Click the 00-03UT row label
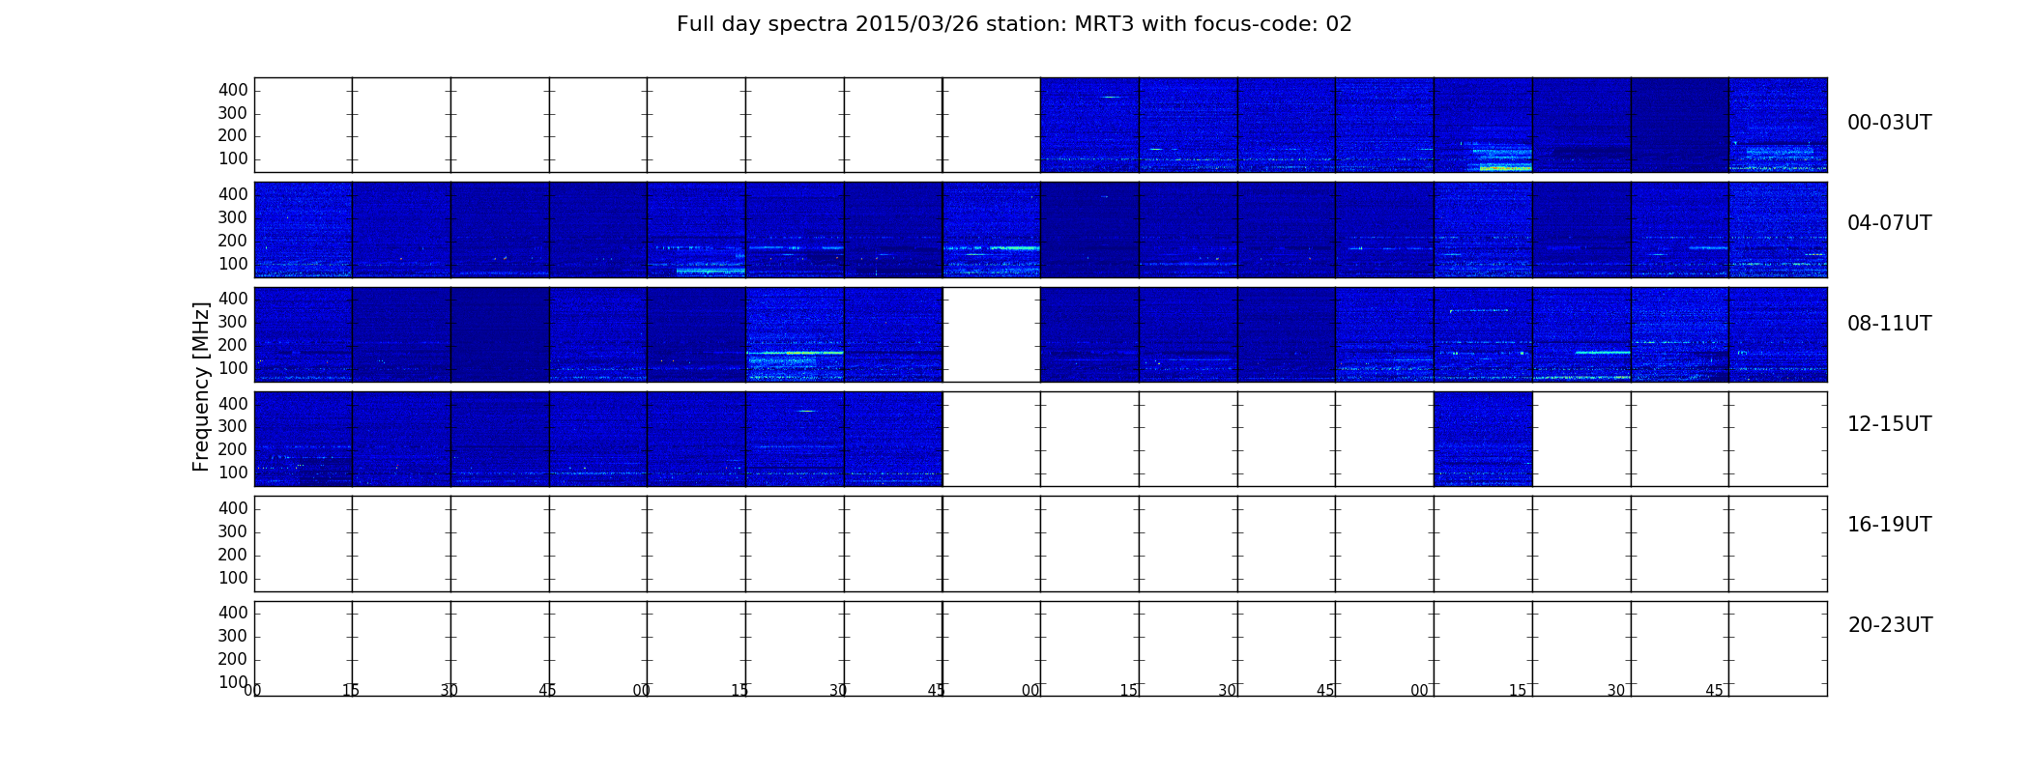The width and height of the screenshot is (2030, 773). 1889,123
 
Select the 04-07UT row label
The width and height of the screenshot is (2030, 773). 1889,223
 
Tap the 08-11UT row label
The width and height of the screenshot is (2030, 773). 1889,324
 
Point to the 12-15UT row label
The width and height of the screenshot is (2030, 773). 1889,424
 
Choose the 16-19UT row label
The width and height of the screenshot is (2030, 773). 1889,525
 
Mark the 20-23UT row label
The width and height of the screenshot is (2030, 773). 1890,625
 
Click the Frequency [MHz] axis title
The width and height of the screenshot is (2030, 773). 201,386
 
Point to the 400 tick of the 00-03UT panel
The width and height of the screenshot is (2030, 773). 233,90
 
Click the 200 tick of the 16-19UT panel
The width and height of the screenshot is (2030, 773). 233,555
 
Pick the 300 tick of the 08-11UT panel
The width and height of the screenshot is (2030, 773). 233,322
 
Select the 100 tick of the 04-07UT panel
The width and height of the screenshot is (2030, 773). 233,264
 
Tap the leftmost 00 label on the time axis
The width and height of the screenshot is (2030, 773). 252,690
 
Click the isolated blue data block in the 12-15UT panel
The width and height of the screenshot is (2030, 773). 1483,439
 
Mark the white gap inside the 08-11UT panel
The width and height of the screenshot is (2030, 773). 991,334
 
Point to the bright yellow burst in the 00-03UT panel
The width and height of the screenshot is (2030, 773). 1505,168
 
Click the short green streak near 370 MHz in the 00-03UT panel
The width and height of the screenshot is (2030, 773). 1111,97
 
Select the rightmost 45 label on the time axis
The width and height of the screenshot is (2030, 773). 1714,690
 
